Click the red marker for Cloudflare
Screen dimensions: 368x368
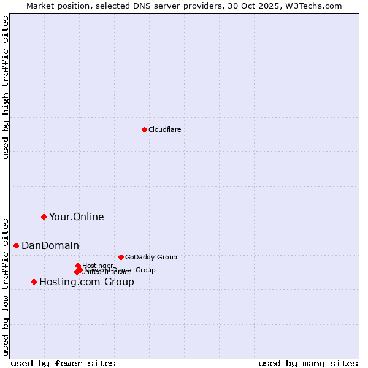tap(144, 129)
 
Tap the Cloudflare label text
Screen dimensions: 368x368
tap(164, 129)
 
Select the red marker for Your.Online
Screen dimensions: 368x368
tap(44, 217)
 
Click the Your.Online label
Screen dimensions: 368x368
tap(76, 217)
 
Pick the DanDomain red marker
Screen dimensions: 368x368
tap(16, 245)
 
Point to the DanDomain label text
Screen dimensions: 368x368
tap(50, 246)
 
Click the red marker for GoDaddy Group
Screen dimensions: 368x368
tap(121, 257)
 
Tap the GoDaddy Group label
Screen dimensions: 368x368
tap(150, 258)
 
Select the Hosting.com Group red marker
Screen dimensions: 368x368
tap(34, 282)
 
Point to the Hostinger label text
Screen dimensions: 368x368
tap(98, 266)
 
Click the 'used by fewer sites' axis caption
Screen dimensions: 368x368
tap(63, 363)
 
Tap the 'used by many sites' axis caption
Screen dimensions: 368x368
tap(308, 363)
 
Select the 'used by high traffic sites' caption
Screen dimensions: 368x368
tap(6, 87)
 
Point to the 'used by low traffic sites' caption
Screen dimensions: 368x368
tap(6, 287)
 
